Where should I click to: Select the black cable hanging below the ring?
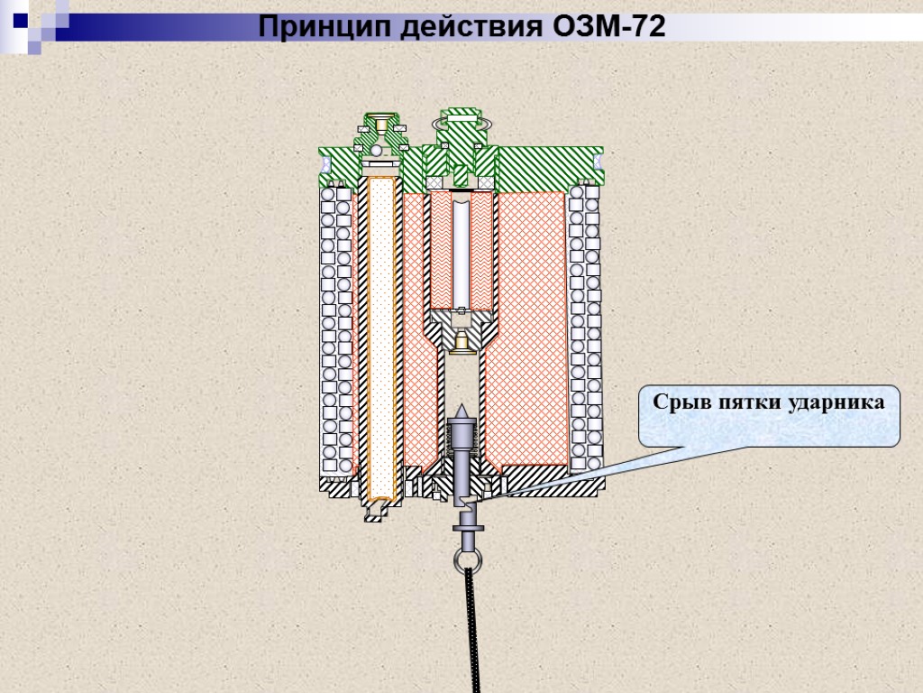coord(472,632)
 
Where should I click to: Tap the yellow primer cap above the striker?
coord(461,341)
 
